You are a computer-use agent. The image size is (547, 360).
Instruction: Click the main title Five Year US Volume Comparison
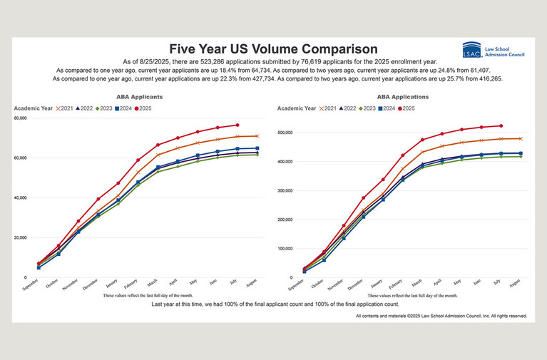click(x=273, y=49)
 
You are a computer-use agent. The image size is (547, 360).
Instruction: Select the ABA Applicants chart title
click(x=139, y=96)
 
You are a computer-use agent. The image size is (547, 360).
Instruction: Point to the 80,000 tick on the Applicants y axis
click(x=20, y=118)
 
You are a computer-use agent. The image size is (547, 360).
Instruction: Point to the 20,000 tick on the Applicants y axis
click(x=20, y=237)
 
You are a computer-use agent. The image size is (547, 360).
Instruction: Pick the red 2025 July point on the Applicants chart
click(x=237, y=125)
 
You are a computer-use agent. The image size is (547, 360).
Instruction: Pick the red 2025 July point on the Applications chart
click(x=501, y=125)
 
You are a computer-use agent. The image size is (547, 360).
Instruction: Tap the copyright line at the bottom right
click(x=441, y=315)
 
